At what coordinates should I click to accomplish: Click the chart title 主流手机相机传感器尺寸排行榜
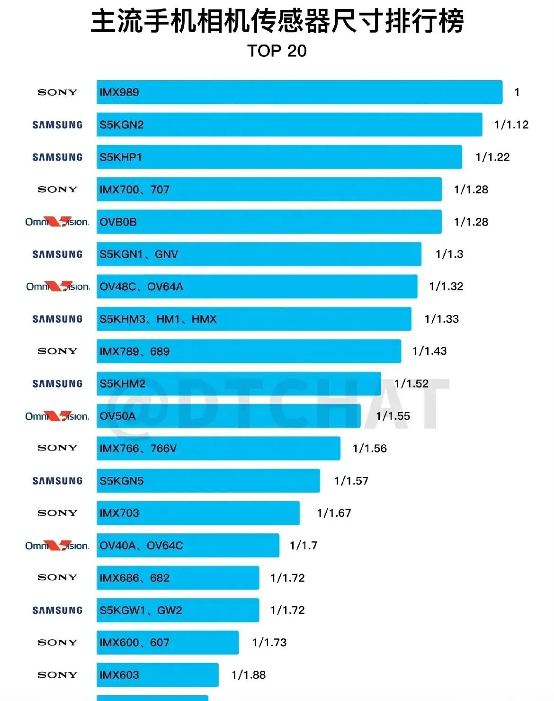pos(277,21)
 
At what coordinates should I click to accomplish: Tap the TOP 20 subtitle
pos(277,51)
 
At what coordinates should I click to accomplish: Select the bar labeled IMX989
pos(299,92)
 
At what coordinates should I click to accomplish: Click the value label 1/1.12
pos(511,125)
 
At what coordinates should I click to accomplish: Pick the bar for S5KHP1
pos(279,157)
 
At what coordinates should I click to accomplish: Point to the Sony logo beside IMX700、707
pos(57,189)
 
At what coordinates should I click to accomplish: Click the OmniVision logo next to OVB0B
pos(57,222)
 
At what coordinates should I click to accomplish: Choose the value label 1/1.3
pos(449,254)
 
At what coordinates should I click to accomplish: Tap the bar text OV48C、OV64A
pos(141,287)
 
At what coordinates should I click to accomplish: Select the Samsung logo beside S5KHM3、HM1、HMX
pos(57,319)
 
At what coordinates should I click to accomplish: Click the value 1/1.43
pos(429,351)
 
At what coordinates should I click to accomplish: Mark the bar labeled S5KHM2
pos(239,384)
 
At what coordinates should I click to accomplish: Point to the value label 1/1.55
pos(393,416)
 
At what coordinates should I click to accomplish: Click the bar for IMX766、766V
pos(218,448)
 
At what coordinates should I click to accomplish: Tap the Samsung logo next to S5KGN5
pos(57,481)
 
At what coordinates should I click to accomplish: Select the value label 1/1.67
pos(334,513)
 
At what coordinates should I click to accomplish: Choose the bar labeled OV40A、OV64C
pos(188,546)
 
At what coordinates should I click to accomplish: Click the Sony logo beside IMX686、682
pos(57,577)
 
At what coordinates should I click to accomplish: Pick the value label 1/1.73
pos(269,642)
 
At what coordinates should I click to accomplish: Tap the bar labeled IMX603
pos(157,674)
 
